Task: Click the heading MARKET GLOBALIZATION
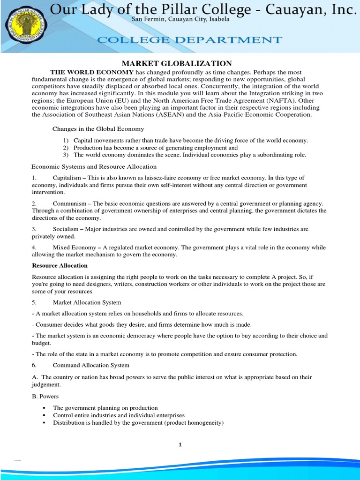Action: (x=177, y=63)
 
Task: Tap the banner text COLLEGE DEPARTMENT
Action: (x=190, y=40)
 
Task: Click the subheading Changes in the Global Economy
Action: (x=98, y=128)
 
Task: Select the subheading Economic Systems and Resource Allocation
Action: (x=94, y=166)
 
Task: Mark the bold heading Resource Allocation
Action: (x=60, y=265)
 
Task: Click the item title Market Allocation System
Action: (x=87, y=302)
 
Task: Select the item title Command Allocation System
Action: (x=91, y=365)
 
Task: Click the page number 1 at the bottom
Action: (x=180, y=445)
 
